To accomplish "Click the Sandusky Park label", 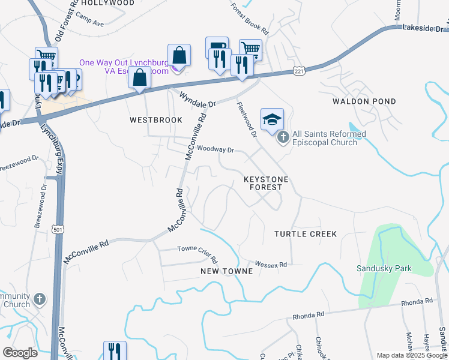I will point(384,268).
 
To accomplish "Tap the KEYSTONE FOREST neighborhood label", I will point(266,184).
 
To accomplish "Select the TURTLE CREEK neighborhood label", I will point(306,233).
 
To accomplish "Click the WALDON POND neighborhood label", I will point(364,101).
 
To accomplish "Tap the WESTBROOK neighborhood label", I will point(156,120).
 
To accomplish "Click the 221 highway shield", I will point(298,71).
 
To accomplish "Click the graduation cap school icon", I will point(272,119).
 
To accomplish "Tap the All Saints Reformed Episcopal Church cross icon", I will point(283,138).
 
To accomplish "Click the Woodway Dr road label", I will point(215,149).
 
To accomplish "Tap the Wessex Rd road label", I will point(271,264).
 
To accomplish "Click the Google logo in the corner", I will point(20,353).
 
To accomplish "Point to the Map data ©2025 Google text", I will point(412,355).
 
